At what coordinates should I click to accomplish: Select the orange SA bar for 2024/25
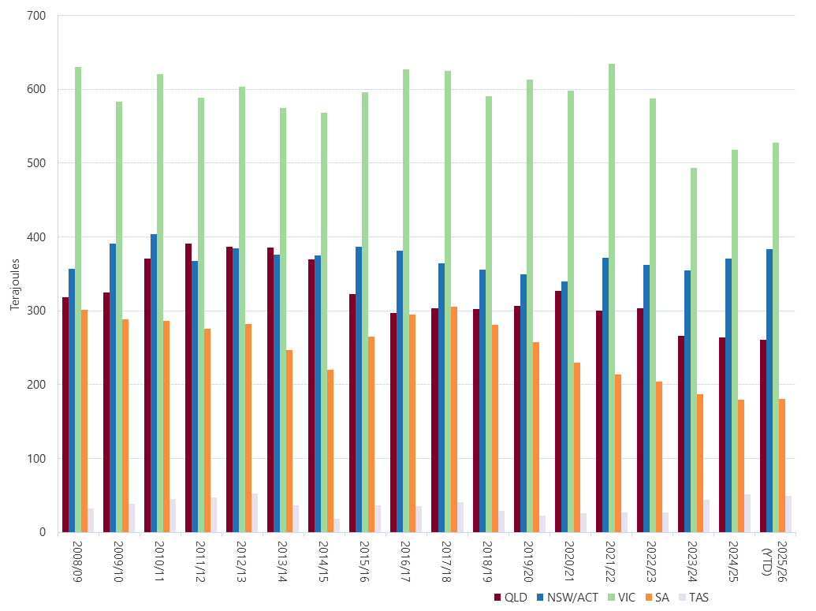tap(741, 466)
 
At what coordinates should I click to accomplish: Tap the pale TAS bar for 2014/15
tap(337, 525)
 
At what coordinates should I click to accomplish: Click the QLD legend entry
tap(510, 598)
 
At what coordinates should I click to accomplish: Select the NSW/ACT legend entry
tap(567, 598)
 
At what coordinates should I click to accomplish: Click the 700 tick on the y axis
tap(37, 16)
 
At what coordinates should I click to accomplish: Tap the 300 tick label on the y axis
tap(37, 311)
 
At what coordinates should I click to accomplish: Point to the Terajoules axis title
tap(14, 274)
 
